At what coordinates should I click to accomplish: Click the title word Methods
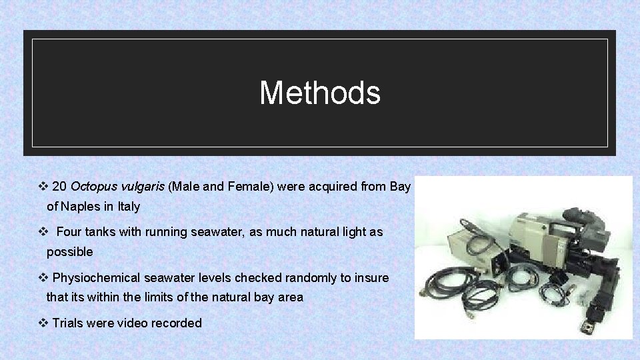[x=320, y=93]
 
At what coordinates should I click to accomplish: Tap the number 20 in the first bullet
[x=59, y=187]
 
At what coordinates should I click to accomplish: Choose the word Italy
[x=129, y=207]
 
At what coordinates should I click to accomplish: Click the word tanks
[x=101, y=232]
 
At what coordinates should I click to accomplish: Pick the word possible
[x=69, y=253]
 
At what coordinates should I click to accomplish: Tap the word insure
[x=373, y=277]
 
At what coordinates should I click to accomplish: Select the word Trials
[x=67, y=323]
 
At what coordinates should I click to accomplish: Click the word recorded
[x=176, y=323]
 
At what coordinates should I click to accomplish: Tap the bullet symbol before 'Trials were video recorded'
[x=43, y=323]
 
